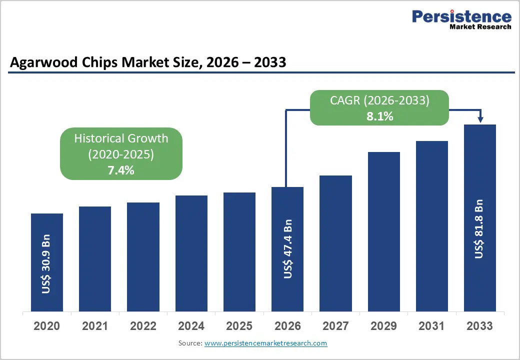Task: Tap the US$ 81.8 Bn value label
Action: [x=479, y=229]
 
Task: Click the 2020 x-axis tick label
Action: [x=46, y=326]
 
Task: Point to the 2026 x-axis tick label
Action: [x=287, y=326]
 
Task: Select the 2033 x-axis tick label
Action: [x=480, y=326]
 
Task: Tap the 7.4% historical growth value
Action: [x=121, y=170]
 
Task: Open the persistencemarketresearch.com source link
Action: [x=265, y=343]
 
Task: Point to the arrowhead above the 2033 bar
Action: [x=480, y=119]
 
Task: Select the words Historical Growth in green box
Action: [x=121, y=138]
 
